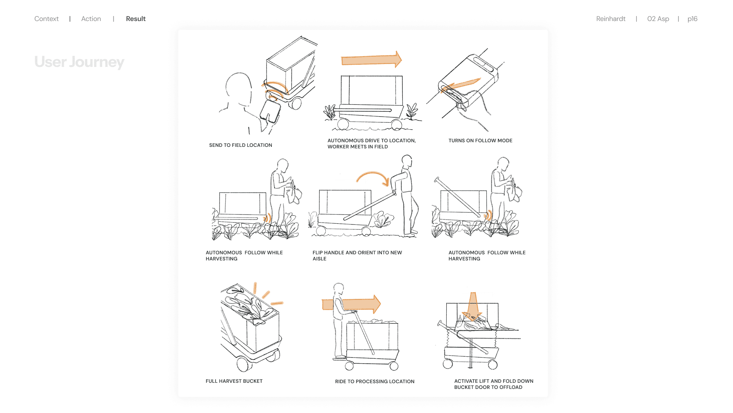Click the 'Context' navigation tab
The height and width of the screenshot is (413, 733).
click(46, 19)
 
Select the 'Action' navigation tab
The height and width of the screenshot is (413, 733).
click(91, 19)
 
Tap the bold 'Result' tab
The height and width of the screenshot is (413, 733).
click(136, 19)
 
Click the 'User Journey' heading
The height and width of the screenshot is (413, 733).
click(79, 62)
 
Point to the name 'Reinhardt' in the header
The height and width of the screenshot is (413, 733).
click(610, 19)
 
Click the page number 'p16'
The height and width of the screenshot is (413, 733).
click(692, 19)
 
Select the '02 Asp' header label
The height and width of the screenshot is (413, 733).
click(658, 19)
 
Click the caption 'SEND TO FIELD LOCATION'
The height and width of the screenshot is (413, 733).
click(241, 145)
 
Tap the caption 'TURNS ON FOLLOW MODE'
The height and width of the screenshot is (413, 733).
click(480, 141)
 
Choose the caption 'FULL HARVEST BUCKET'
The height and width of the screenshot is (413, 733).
click(234, 381)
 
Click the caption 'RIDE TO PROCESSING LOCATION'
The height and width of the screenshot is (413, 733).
click(375, 382)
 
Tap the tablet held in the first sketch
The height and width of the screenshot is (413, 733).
click(270, 111)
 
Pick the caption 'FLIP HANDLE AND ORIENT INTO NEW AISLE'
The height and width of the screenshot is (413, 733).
click(357, 255)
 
